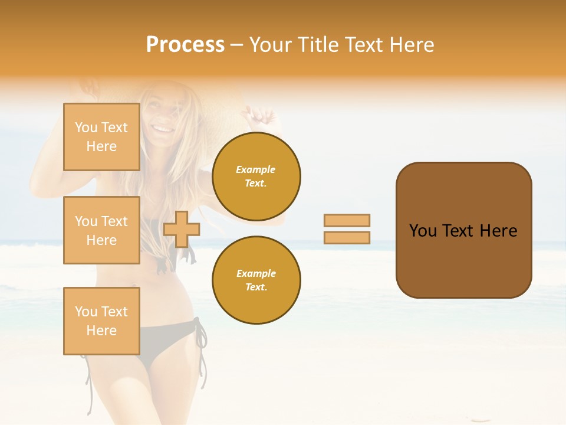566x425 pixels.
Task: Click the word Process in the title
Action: tap(185, 45)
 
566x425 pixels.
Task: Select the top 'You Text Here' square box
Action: tap(101, 137)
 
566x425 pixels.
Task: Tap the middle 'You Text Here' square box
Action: tap(101, 230)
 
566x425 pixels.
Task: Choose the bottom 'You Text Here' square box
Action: tap(101, 321)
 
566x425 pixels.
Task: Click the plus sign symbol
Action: tap(182, 229)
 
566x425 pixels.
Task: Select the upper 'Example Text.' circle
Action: tap(256, 176)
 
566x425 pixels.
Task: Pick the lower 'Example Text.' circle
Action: tap(256, 280)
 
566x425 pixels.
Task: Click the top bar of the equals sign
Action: tap(347, 220)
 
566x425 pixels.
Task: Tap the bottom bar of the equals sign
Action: tap(347, 237)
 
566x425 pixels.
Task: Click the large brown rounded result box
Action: tap(463, 230)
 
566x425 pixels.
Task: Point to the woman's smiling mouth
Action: tap(162, 127)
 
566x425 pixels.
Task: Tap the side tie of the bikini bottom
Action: tap(201, 339)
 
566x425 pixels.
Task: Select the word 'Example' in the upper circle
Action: tap(256, 169)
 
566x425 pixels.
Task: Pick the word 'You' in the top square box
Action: tap(86, 127)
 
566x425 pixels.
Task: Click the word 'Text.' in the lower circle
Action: tap(256, 287)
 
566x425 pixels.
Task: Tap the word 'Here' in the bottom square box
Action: tap(101, 331)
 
